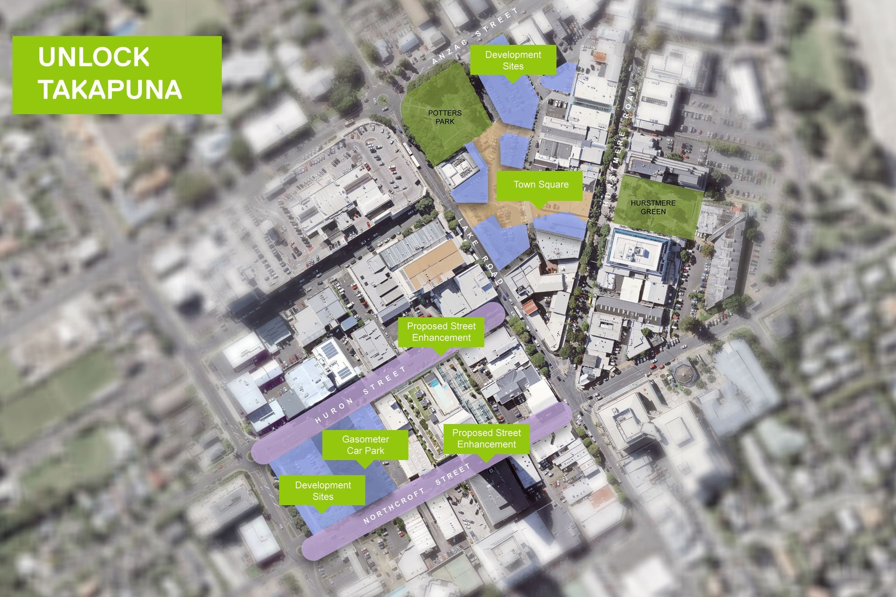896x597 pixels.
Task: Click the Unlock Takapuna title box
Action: (x=117, y=75)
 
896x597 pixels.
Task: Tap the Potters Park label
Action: (x=445, y=117)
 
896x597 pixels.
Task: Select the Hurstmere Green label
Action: (x=653, y=208)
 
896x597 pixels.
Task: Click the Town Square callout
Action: (x=541, y=185)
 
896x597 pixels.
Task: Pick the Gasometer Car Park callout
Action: (x=365, y=445)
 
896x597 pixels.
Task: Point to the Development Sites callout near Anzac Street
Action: (x=513, y=60)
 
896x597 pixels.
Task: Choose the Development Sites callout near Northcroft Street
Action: (x=322, y=491)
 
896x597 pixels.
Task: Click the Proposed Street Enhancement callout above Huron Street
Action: (x=441, y=332)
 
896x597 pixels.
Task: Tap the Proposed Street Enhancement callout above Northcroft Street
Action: (x=486, y=438)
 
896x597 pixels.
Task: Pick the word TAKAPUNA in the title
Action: (x=110, y=89)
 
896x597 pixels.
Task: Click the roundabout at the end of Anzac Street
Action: (x=382, y=99)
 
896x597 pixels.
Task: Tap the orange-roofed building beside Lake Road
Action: (x=530, y=307)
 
